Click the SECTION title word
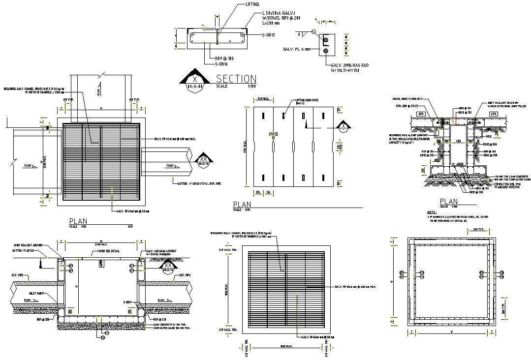pyautogui.click(x=236, y=79)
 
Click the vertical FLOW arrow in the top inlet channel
pyautogui.click(x=99, y=90)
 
